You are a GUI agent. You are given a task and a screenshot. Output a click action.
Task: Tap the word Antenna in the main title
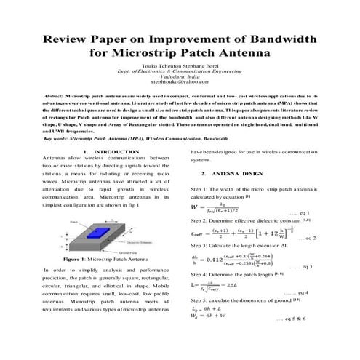tap(243, 53)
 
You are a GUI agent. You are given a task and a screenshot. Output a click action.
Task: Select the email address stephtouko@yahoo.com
tap(179, 83)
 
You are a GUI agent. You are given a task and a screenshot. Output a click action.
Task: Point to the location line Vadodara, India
tap(179, 77)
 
